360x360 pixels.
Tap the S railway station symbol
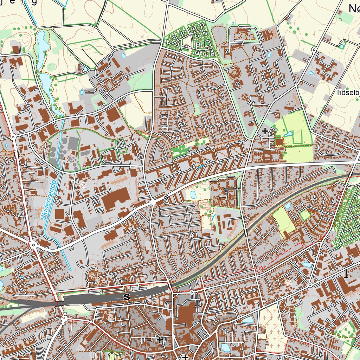click(127, 297)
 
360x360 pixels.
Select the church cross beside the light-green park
click(265, 131)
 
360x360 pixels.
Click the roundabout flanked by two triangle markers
click(64, 319)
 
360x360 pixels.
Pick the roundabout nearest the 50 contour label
click(310, 284)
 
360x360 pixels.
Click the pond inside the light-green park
click(288, 134)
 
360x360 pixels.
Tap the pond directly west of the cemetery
click(247, 320)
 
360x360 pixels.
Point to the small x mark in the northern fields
click(142, 36)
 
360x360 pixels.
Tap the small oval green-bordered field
click(305, 214)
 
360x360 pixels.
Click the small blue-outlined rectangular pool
click(82, 92)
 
